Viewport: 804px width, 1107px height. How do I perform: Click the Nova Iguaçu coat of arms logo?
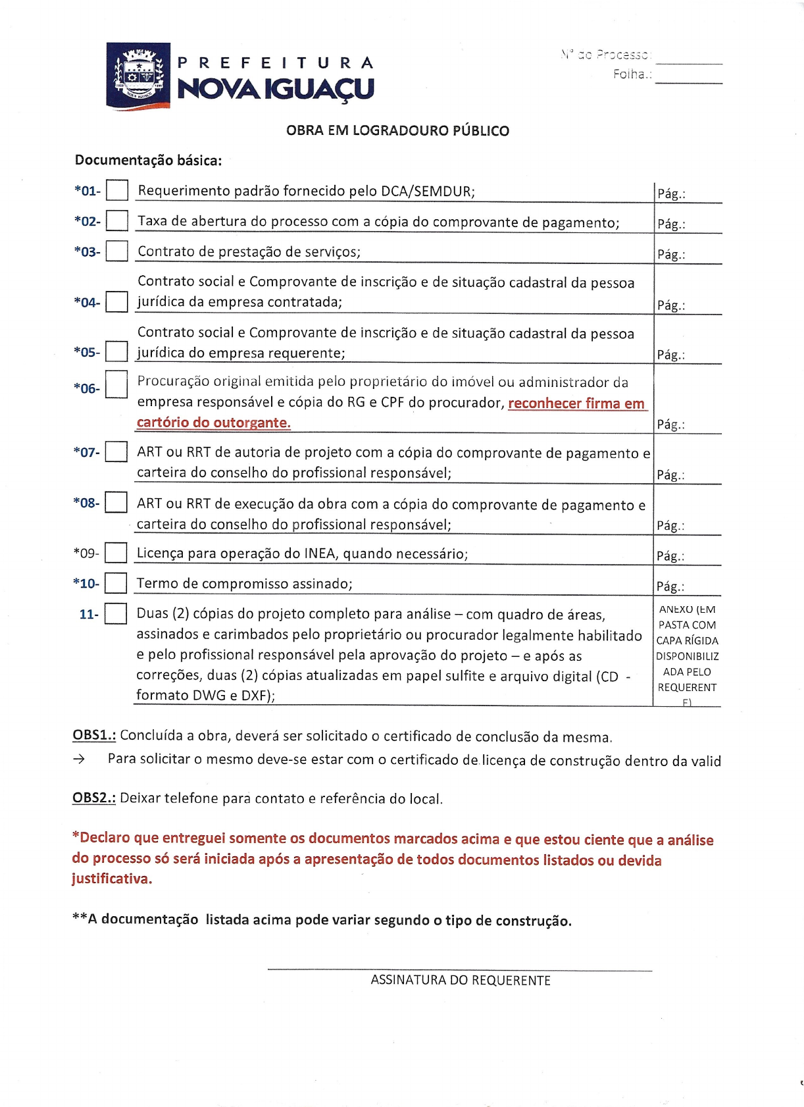[138, 76]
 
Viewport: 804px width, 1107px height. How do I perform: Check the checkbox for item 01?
[117, 191]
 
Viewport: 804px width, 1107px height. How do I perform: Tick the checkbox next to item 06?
[116, 384]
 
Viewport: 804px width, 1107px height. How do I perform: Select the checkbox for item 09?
[116, 553]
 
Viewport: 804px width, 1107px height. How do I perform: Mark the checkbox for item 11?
[116, 613]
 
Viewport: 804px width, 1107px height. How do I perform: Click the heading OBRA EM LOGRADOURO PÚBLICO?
[397, 130]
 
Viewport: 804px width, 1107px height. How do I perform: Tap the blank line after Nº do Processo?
[689, 58]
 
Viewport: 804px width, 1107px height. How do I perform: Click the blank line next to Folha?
[689, 78]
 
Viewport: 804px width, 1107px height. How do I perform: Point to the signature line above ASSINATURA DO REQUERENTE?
[459, 969]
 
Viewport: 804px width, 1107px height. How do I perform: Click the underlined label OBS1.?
[94, 735]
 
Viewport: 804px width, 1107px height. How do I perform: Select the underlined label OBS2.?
[94, 798]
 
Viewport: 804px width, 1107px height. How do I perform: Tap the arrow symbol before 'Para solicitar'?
[79, 759]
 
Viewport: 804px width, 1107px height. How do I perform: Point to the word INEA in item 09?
[320, 553]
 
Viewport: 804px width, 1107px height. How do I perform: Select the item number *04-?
[87, 302]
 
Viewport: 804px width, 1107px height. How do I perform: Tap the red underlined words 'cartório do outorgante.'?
[214, 423]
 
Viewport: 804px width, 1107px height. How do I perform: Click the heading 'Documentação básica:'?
[148, 160]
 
